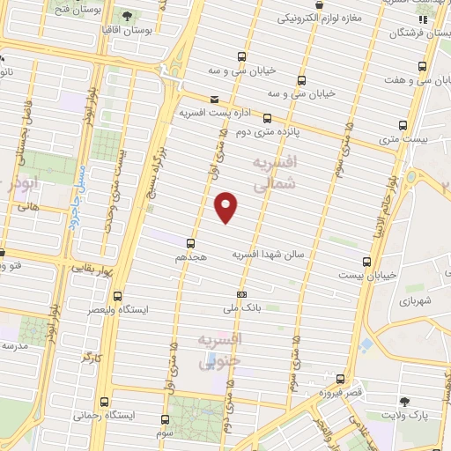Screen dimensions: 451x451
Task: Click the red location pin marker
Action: [226, 206]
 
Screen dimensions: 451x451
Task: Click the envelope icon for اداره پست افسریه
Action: [215, 100]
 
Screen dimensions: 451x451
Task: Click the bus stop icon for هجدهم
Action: [190, 243]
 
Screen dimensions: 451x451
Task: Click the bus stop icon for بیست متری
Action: [404, 124]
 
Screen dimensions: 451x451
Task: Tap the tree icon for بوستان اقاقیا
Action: [129, 16]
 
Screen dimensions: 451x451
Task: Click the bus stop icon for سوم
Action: [166, 419]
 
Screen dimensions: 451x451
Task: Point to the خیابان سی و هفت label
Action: [414, 80]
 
